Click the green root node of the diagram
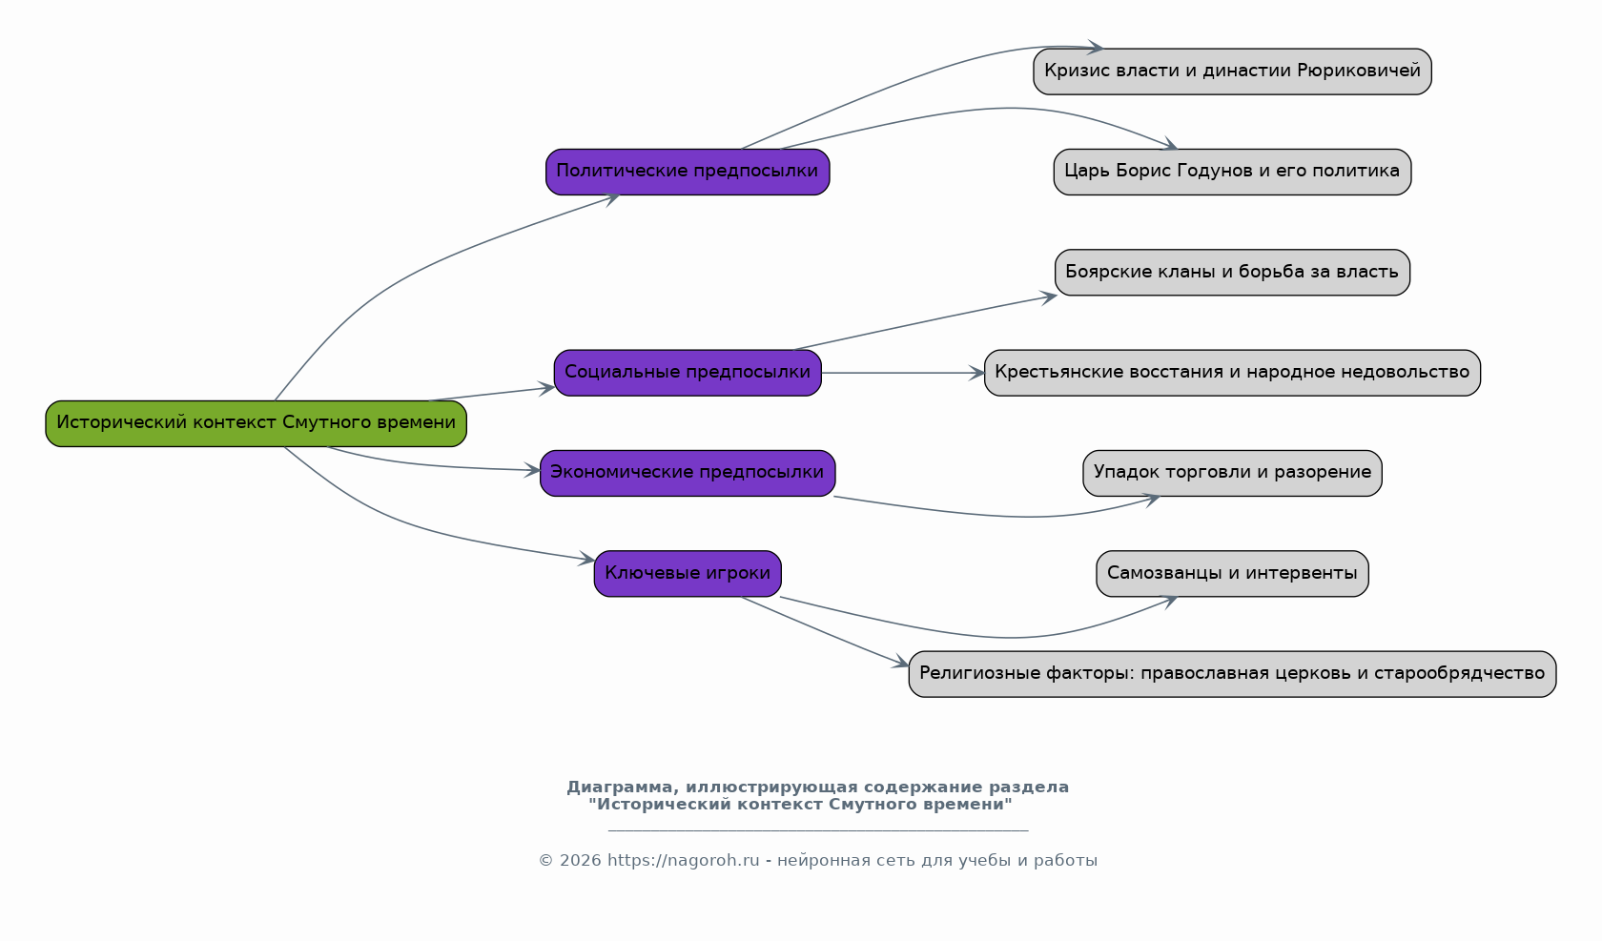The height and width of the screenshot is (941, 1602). tap(256, 424)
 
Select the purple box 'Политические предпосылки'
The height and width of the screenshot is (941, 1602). tap(688, 173)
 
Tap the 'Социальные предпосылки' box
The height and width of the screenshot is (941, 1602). tap(688, 374)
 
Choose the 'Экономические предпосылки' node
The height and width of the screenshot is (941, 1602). tap(688, 473)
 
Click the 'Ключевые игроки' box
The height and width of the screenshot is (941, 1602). tap(688, 574)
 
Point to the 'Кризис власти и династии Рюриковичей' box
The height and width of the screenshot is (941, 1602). tap(1233, 72)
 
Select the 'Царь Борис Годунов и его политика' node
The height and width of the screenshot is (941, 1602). tap(1233, 173)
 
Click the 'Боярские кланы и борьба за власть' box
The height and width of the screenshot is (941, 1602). tap(1233, 273)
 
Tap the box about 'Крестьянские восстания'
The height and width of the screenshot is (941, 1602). tap(1233, 374)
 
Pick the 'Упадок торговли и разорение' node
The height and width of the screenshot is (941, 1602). tap(1233, 473)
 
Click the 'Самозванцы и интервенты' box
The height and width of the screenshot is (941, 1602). tap(1233, 574)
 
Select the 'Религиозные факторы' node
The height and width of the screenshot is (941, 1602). tap(1233, 674)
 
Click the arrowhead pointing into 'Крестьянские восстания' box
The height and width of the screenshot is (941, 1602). tap(976, 374)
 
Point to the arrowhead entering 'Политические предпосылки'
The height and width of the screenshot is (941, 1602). tap(612, 199)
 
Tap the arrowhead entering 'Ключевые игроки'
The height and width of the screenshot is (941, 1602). tap(586, 559)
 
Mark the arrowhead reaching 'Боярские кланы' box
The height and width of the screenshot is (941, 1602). tap(1049, 297)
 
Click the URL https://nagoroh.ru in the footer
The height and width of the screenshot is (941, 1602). tap(684, 861)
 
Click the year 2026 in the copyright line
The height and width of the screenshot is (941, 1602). tap(580, 861)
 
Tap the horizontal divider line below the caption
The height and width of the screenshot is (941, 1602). tap(818, 831)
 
